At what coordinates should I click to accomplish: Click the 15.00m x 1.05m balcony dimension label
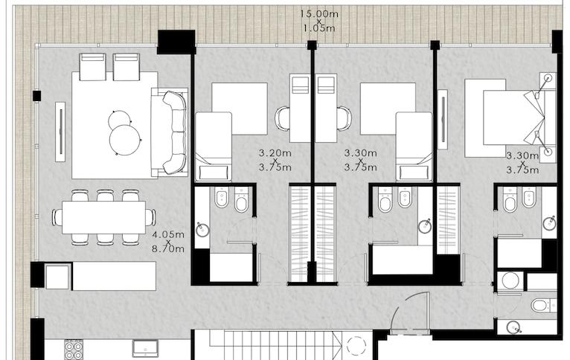pyautogui.click(x=318, y=21)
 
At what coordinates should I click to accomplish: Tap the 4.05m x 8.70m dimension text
pyautogui.click(x=168, y=242)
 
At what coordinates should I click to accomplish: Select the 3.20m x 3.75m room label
pyautogui.click(x=275, y=160)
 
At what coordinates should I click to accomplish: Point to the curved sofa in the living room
pyautogui.click(x=175, y=132)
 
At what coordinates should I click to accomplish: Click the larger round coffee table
pyautogui.click(x=125, y=140)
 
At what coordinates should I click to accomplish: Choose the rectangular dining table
pyautogui.click(x=103, y=217)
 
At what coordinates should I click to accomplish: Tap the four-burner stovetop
pyautogui.click(x=74, y=350)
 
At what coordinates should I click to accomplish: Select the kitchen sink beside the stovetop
pyautogui.click(x=145, y=348)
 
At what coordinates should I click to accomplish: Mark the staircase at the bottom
pyautogui.click(x=276, y=344)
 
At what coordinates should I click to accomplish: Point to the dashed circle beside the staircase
pyautogui.click(x=356, y=346)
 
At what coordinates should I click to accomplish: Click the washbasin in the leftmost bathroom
pyautogui.click(x=202, y=230)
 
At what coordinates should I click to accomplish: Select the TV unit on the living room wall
pyautogui.click(x=60, y=132)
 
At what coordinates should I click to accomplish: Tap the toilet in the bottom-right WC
pyautogui.click(x=542, y=305)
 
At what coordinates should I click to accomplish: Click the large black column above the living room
pyautogui.click(x=176, y=42)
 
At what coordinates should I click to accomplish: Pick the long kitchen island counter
pyautogui.click(x=114, y=276)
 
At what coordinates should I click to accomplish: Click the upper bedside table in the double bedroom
pyautogui.click(x=548, y=80)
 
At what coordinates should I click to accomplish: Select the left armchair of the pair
pyautogui.click(x=93, y=67)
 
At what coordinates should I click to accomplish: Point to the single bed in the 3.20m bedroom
pyautogui.click(x=214, y=147)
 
